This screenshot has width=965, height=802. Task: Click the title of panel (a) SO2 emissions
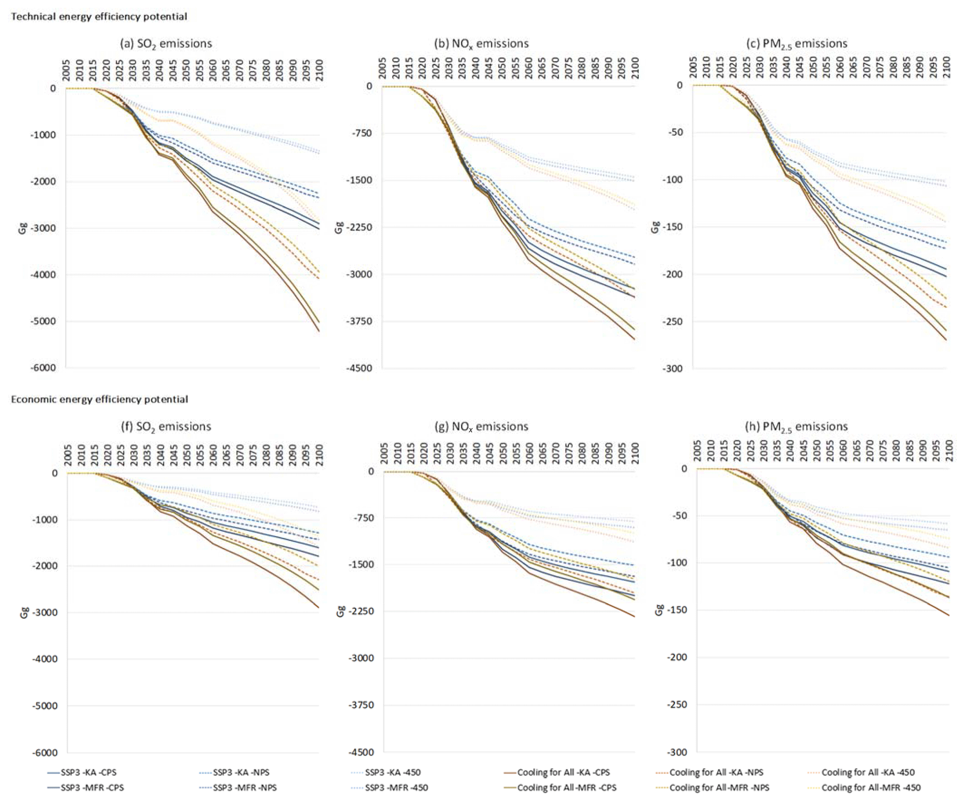[x=166, y=44]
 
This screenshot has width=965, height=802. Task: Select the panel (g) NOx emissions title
[x=481, y=427]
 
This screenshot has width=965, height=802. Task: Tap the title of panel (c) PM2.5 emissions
[x=797, y=44]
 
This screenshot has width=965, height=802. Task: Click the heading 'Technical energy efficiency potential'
[x=99, y=17]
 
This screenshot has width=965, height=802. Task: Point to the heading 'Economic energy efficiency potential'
[x=99, y=400]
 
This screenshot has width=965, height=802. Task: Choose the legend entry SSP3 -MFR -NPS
[x=245, y=788]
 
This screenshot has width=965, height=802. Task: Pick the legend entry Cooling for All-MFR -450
[x=871, y=788]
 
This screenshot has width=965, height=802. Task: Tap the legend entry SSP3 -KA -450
[x=393, y=773]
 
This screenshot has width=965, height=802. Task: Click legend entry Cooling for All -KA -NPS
[x=716, y=773]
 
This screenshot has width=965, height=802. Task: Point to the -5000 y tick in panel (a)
[x=43, y=322]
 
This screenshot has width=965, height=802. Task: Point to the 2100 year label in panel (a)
[x=319, y=70]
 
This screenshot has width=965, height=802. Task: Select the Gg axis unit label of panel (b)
[x=339, y=227]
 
